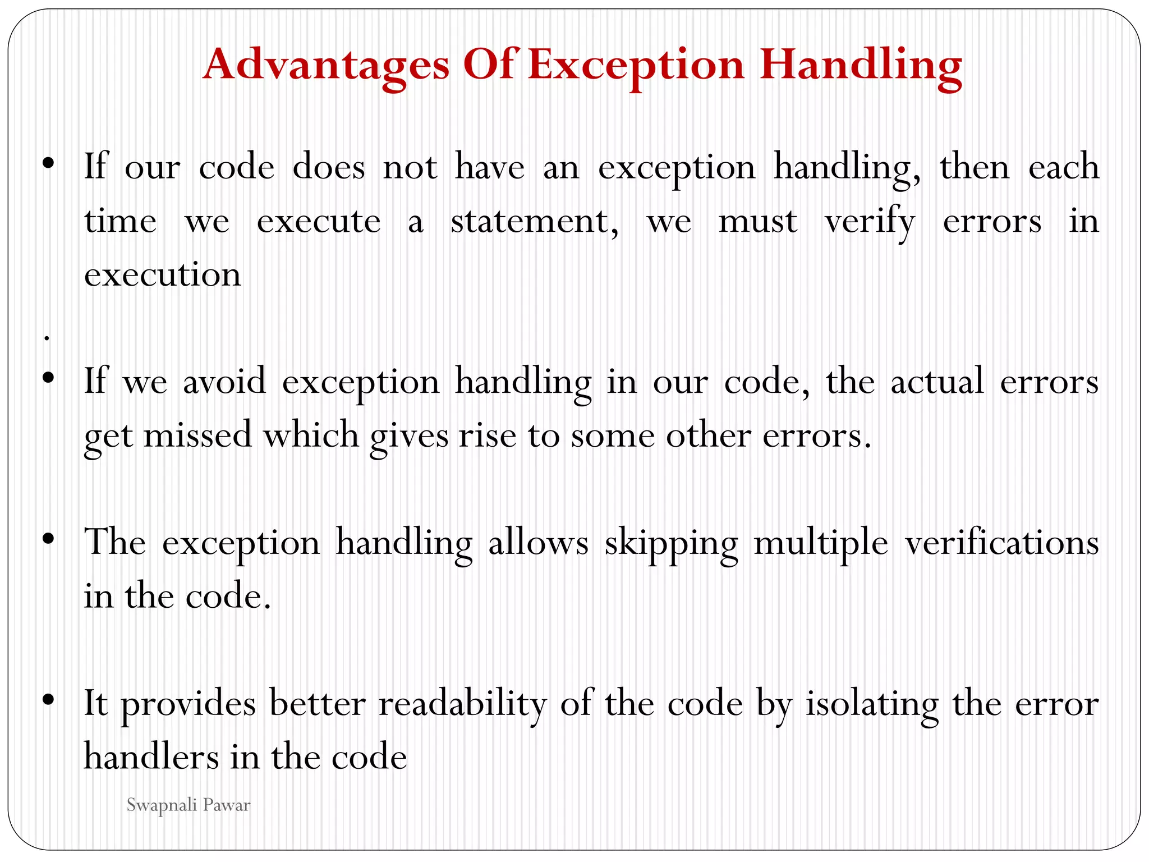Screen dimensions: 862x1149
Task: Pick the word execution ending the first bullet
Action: [x=163, y=275]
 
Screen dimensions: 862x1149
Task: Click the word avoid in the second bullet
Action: [x=224, y=382]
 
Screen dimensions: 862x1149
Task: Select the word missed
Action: [x=198, y=435]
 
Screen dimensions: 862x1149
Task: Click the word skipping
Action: [x=671, y=543]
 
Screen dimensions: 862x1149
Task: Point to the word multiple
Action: [x=821, y=543]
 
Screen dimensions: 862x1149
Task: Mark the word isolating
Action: [x=872, y=704]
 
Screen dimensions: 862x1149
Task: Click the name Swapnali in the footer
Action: [x=161, y=806]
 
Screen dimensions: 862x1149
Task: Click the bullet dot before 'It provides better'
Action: [x=48, y=699]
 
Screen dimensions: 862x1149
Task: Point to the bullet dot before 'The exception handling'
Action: [x=48, y=538]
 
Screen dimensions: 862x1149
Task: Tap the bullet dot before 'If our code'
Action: [x=48, y=163]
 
